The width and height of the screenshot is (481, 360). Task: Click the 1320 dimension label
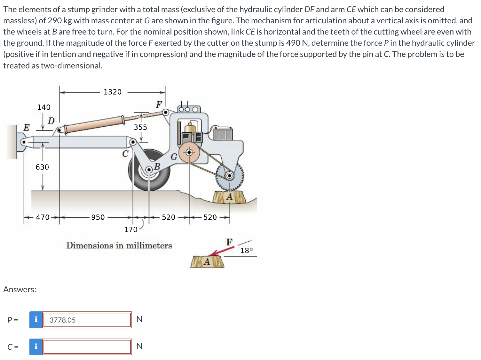pyautogui.click(x=113, y=92)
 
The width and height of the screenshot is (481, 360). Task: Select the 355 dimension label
pyautogui.click(x=140, y=127)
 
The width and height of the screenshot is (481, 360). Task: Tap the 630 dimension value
pyautogui.click(x=42, y=167)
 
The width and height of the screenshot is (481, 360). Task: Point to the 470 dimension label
pyautogui.click(x=43, y=217)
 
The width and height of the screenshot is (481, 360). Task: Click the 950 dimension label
pyautogui.click(x=98, y=217)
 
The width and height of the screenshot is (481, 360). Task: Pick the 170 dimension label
pyautogui.click(x=130, y=230)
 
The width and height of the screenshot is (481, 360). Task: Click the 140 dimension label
pyautogui.click(x=44, y=107)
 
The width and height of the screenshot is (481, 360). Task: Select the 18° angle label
pyautogui.click(x=247, y=251)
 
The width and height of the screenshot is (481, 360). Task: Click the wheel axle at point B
pyautogui.click(x=149, y=170)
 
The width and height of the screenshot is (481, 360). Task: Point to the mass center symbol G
pyautogui.click(x=189, y=153)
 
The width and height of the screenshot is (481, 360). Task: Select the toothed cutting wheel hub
pyautogui.click(x=229, y=176)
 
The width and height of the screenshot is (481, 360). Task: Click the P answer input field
pyautogui.click(x=87, y=320)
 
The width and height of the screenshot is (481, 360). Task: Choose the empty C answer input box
pyautogui.click(x=87, y=347)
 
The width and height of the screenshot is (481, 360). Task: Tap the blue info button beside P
pyautogui.click(x=36, y=320)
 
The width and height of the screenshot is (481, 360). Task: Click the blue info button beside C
pyautogui.click(x=36, y=347)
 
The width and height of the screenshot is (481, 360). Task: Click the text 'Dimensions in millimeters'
pyautogui.click(x=119, y=246)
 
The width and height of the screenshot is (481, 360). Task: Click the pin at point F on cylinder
pyautogui.click(x=166, y=112)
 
